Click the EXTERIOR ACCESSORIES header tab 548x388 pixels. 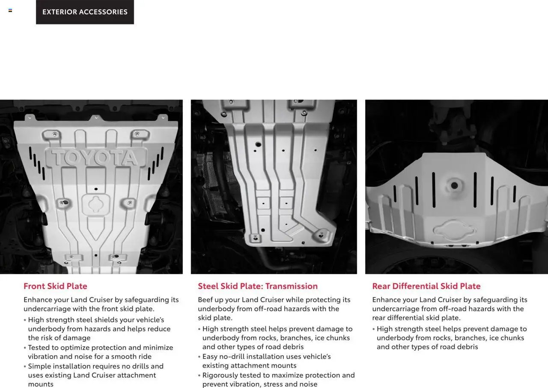(x=85, y=12)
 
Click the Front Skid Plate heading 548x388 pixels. (x=55, y=286)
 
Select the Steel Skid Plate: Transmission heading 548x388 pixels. (x=258, y=286)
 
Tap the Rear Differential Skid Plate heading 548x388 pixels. (x=426, y=286)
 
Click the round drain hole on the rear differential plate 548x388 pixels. (x=454, y=186)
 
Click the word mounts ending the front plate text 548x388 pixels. (x=41, y=384)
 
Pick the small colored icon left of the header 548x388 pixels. (x=10, y=10)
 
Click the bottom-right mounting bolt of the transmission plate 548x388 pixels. (x=321, y=235)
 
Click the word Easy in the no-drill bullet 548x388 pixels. (x=210, y=356)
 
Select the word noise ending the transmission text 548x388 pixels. (x=307, y=384)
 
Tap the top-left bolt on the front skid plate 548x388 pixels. (x=55, y=134)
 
